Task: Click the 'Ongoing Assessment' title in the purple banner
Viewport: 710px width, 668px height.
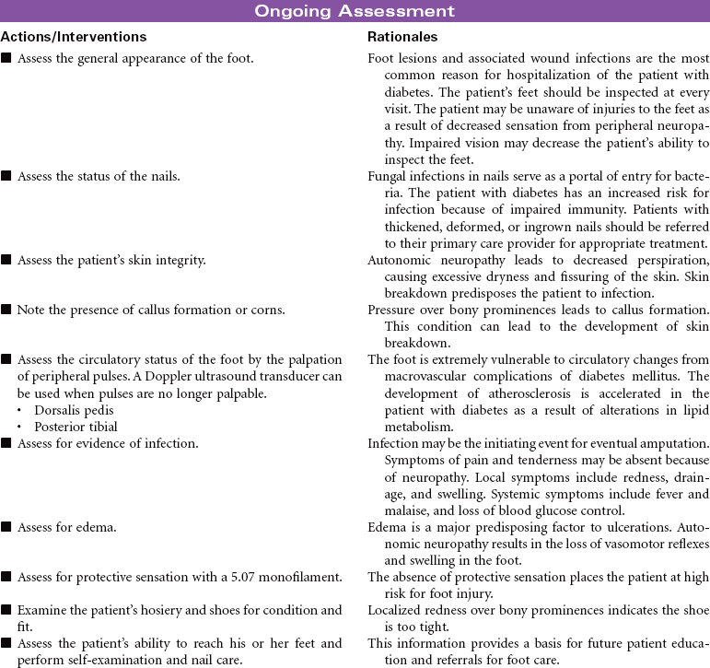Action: click(355, 11)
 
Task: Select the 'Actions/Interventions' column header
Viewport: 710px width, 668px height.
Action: click(74, 37)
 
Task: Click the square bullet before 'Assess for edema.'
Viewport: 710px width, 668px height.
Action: click(7, 528)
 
